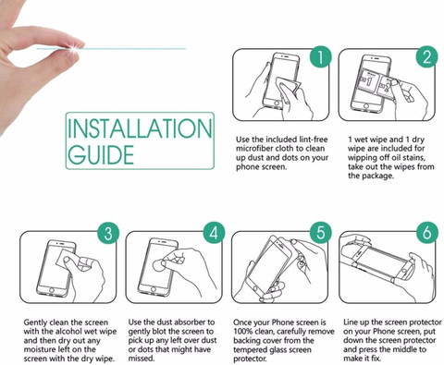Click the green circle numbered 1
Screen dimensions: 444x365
(x=320, y=56)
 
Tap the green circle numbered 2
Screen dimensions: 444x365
(x=426, y=56)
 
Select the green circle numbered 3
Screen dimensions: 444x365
(x=108, y=233)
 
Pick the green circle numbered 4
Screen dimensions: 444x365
(x=214, y=233)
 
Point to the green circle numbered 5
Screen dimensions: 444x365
(x=321, y=233)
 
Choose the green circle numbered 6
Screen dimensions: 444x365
(x=427, y=233)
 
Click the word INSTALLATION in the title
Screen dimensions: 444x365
(x=140, y=128)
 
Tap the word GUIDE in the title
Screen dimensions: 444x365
(x=101, y=154)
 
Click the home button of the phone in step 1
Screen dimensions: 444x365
(x=277, y=103)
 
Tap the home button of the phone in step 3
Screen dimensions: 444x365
(x=52, y=290)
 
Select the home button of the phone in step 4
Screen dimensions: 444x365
(x=153, y=290)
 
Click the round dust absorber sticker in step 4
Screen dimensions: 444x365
(x=159, y=265)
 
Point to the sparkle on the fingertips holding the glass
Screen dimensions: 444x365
(x=73, y=48)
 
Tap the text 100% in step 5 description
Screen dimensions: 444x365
(x=242, y=332)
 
